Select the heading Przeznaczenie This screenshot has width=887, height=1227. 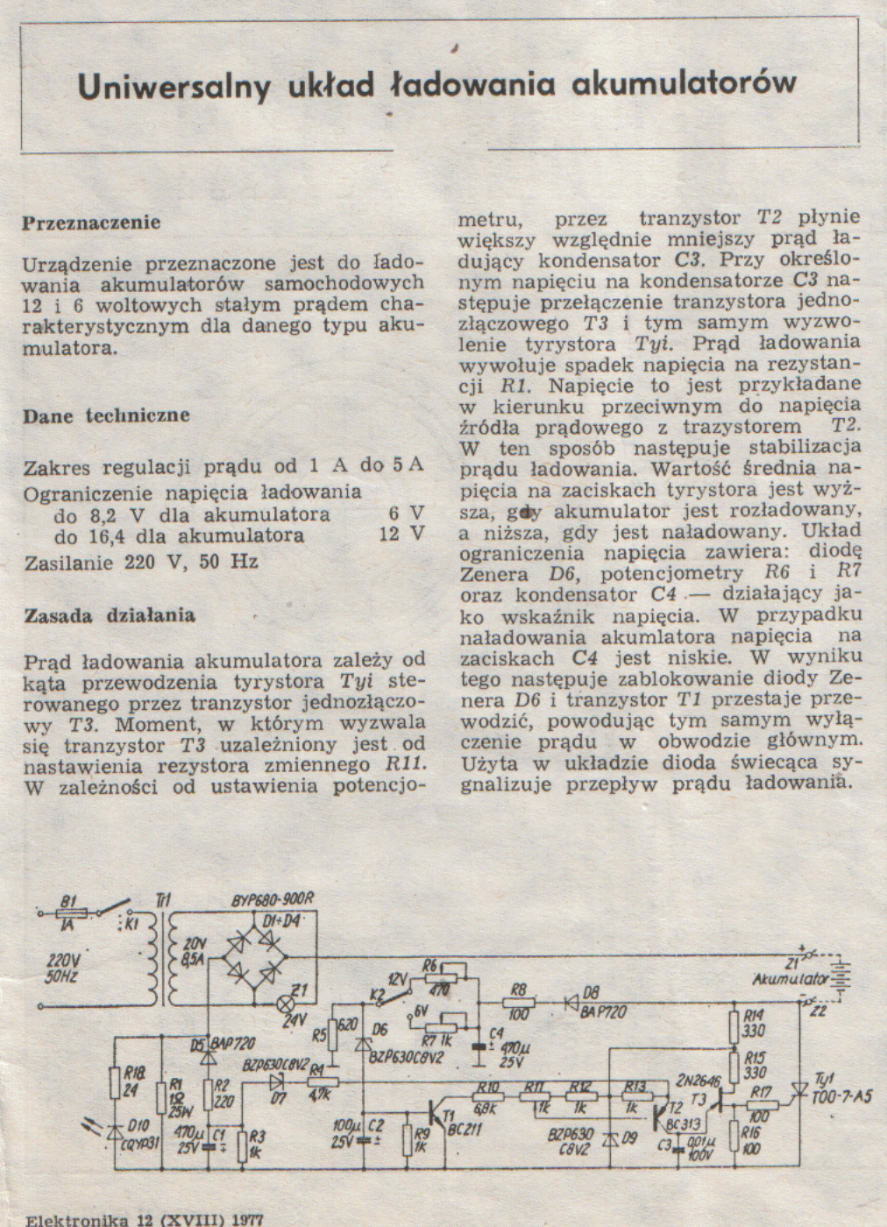click(x=91, y=223)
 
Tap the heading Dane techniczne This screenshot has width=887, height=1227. click(x=106, y=415)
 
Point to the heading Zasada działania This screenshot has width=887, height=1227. click(x=110, y=616)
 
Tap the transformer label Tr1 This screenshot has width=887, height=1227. click(x=164, y=900)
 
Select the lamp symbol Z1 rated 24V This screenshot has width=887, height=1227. click(x=285, y=1002)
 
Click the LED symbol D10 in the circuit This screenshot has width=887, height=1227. click(x=114, y=1131)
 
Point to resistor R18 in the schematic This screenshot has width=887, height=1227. click(x=114, y=1083)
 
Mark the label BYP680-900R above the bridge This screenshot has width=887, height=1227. click(x=271, y=901)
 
